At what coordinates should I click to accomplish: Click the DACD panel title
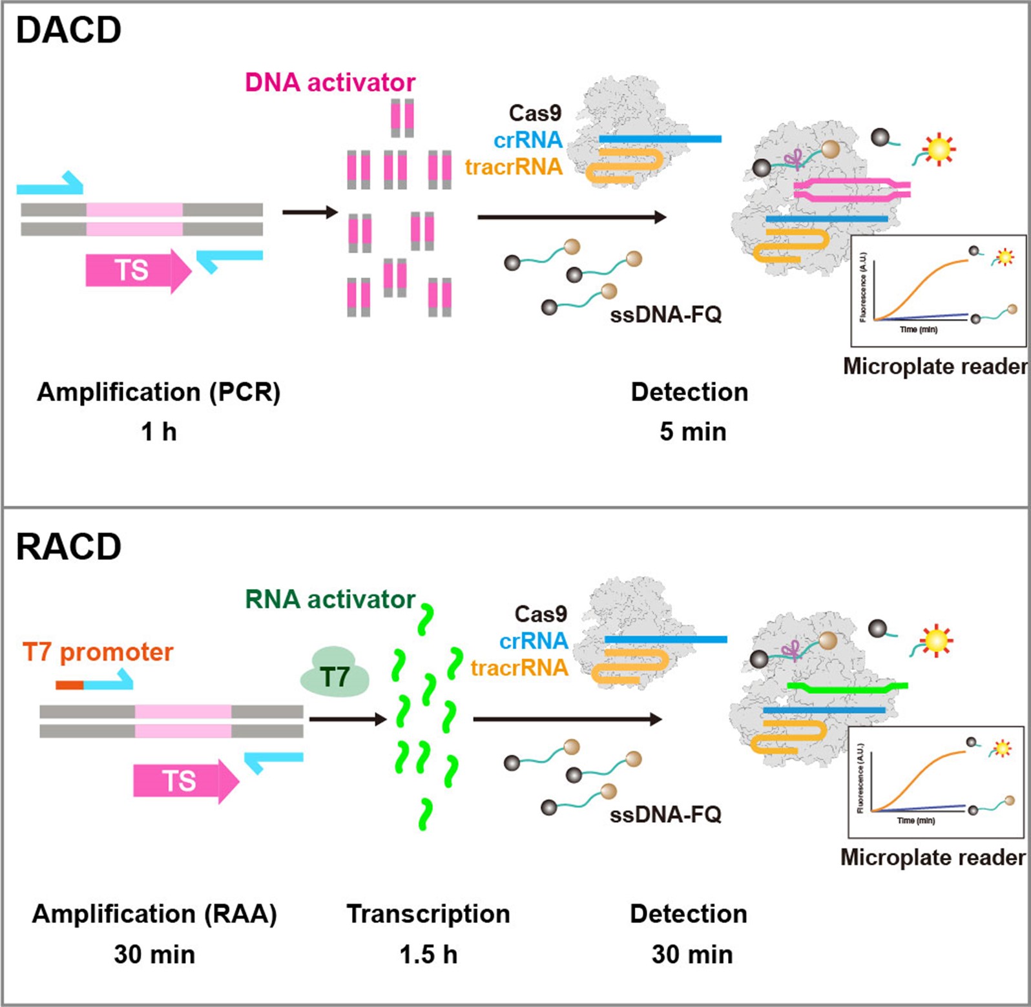point(68,30)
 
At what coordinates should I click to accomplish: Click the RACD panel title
point(68,547)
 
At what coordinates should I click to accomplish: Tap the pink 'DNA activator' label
point(330,83)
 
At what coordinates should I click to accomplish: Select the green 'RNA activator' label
point(329,599)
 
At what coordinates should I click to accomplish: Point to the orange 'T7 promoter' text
point(98,652)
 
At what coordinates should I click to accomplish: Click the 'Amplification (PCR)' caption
point(159,392)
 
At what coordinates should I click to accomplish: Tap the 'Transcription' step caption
point(428,914)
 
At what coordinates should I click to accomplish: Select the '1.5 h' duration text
point(428,954)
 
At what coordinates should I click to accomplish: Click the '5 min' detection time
point(693,431)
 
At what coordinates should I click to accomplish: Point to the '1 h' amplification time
point(159,431)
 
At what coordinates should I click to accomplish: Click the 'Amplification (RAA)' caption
point(154,914)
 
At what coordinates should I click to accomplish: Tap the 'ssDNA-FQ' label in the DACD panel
point(665,315)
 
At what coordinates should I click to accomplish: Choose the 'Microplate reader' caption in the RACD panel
point(933,857)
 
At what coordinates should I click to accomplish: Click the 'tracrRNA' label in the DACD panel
point(514,167)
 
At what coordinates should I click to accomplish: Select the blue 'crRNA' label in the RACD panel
point(534,641)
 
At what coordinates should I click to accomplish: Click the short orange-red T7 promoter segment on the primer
point(70,685)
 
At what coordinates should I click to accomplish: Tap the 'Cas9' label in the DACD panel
point(535,113)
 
